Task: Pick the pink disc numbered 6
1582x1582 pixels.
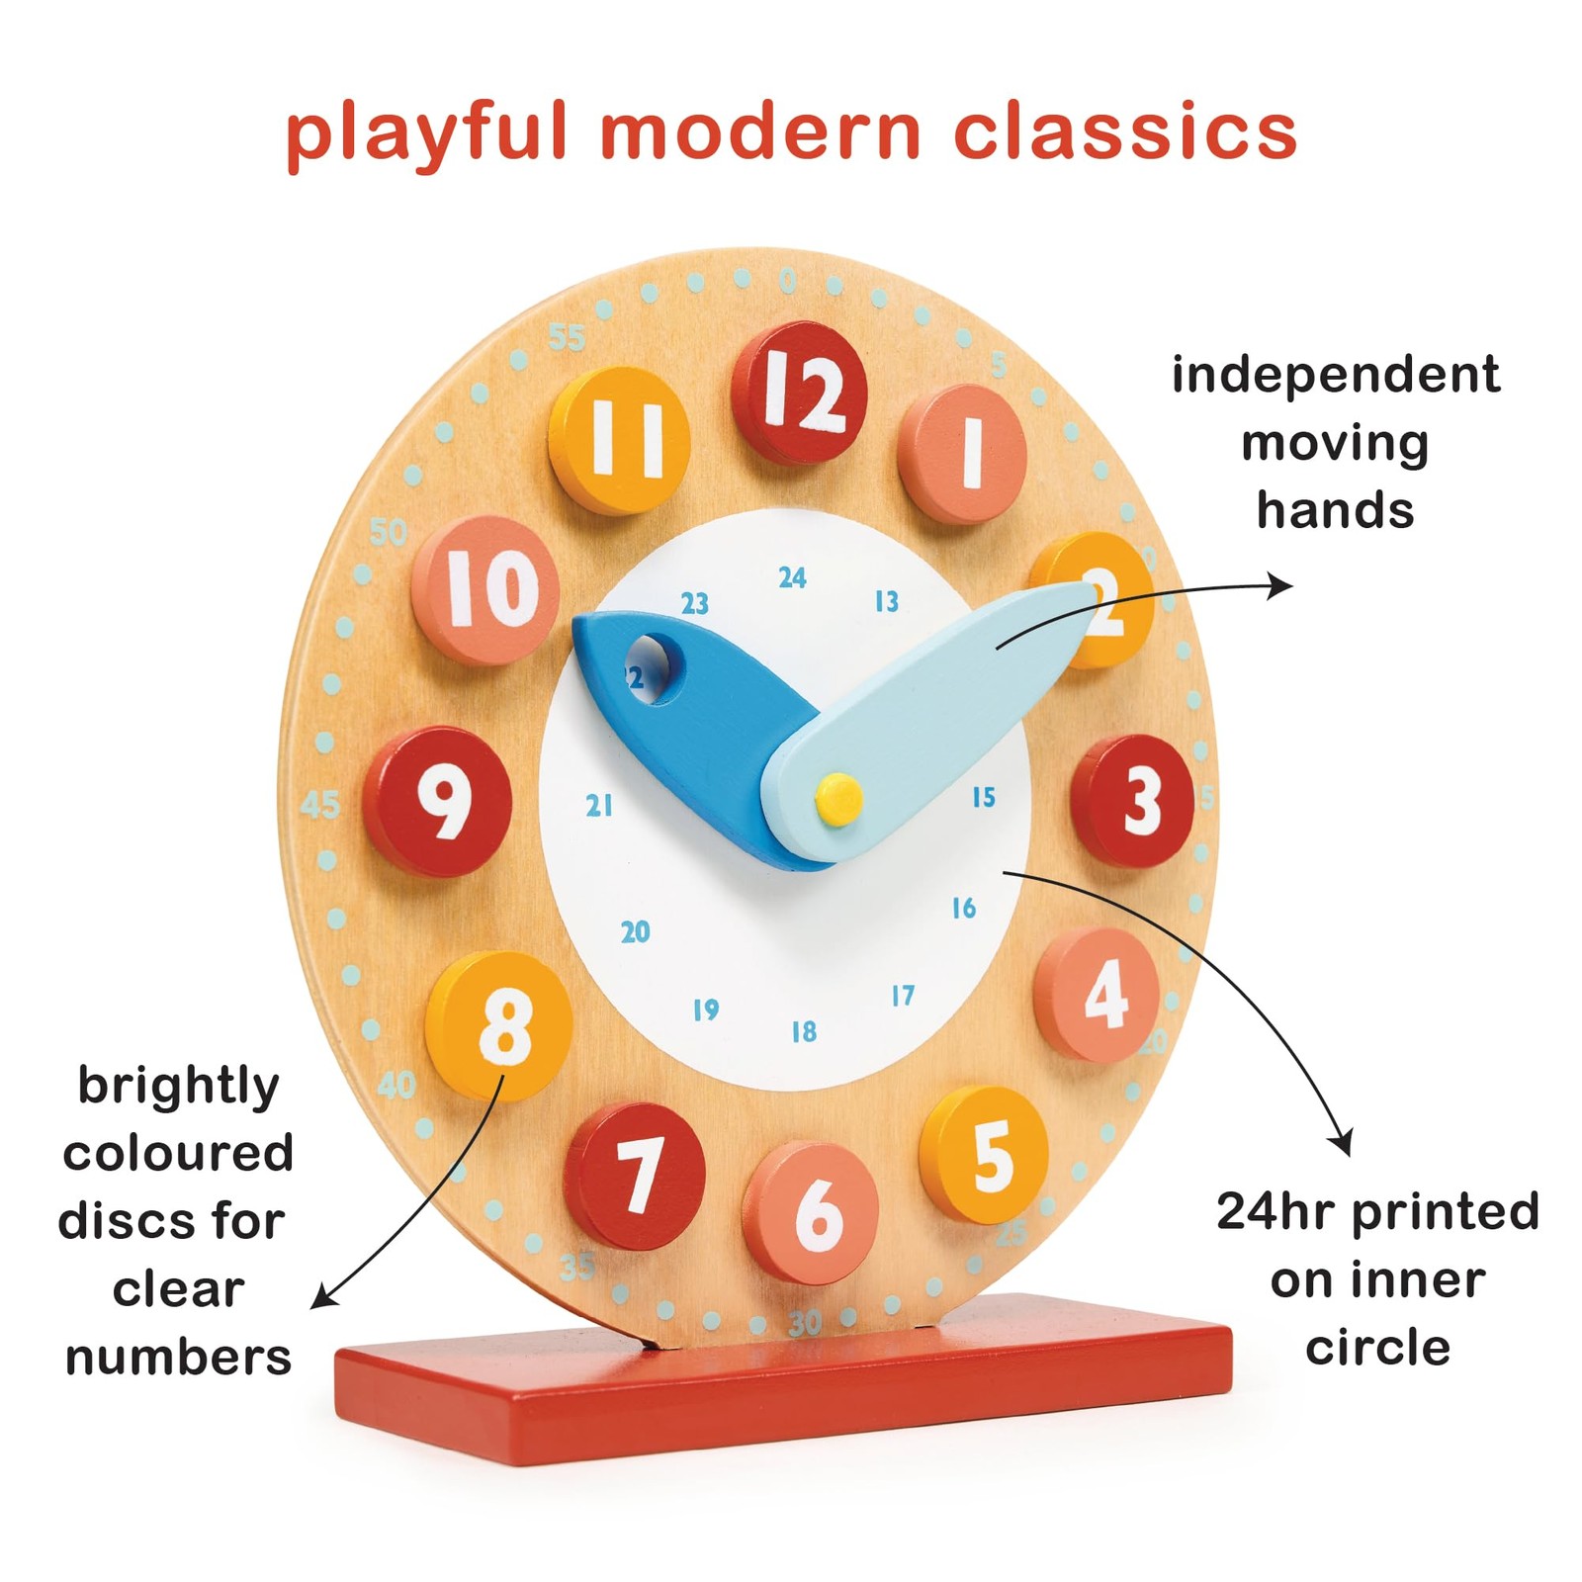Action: coord(813,1211)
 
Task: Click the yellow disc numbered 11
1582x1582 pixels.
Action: coord(621,439)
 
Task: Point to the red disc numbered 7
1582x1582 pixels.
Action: coord(636,1175)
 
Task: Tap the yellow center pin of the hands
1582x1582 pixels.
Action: coord(838,797)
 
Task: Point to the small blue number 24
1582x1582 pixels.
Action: coord(792,577)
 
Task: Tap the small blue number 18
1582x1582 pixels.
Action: coord(804,1032)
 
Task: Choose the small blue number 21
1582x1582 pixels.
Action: coord(599,806)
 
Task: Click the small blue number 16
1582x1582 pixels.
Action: coord(964,908)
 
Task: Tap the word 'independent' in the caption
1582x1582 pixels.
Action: coord(1335,376)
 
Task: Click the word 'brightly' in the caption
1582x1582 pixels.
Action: coord(179,1087)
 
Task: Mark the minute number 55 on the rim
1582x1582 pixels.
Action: coord(567,338)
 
